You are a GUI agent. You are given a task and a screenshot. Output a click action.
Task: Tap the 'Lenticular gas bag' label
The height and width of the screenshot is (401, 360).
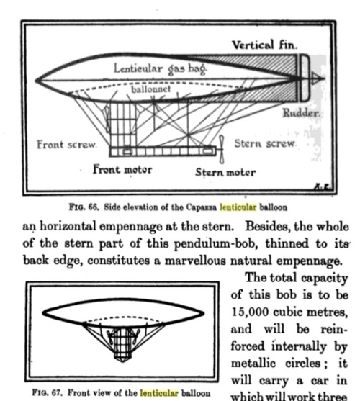coord(160,69)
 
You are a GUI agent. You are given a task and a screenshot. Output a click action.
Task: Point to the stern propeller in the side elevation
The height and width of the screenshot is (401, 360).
coord(221,148)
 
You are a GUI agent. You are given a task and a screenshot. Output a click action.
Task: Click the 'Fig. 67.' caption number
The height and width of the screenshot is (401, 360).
coord(40,394)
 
